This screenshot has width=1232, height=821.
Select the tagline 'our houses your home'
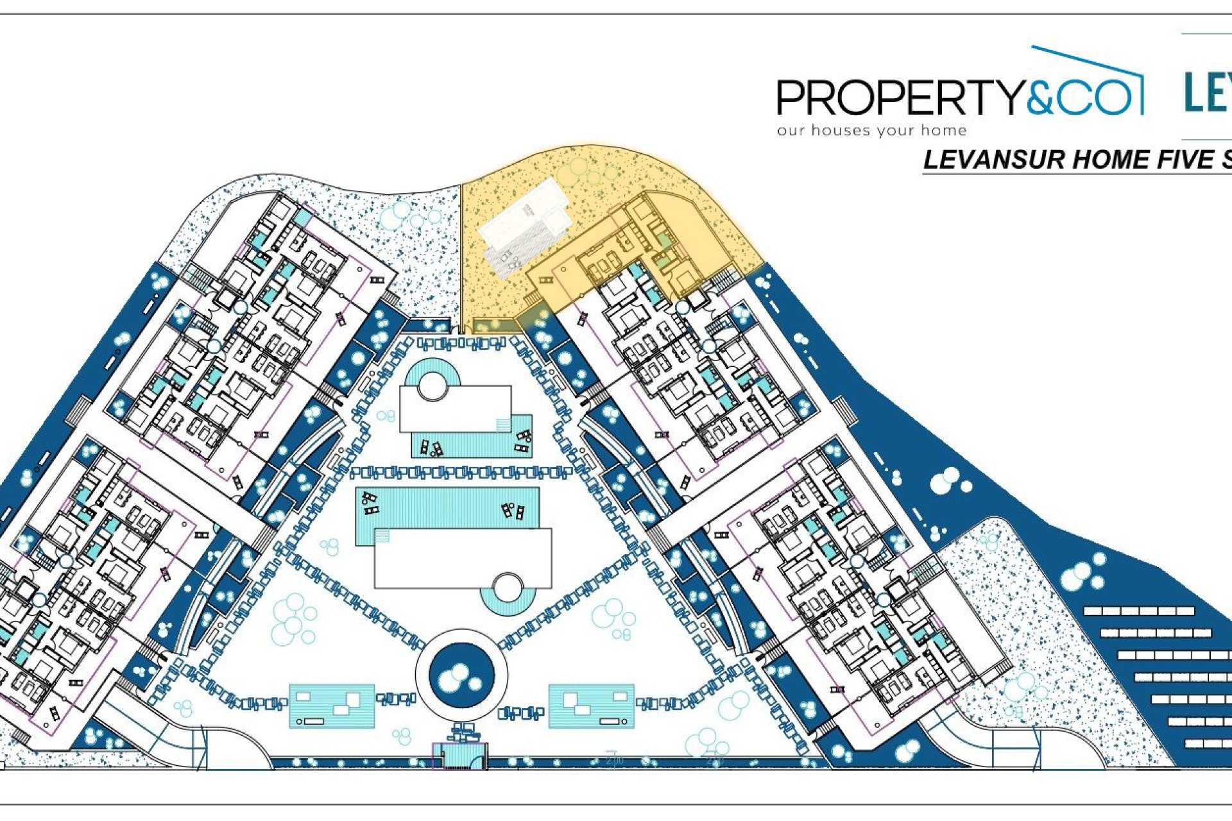pyautogui.click(x=871, y=131)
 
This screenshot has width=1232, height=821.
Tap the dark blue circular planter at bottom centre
pyautogui.click(x=461, y=675)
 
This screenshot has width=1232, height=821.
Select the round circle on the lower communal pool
pyautogui.click(x=507, y=587)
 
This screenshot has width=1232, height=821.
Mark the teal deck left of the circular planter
pyautogui.click(x=332, y=706)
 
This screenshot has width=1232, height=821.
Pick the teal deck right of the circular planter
pyautogui.click(x=591, y=706)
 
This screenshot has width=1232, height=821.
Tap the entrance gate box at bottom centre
pyautogui.click(x=459, y=756)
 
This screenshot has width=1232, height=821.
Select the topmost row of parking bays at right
pyautogui.click(x=1140, y=611)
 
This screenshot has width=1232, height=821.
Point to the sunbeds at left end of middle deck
pyautogui.click(x=370, y=504)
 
